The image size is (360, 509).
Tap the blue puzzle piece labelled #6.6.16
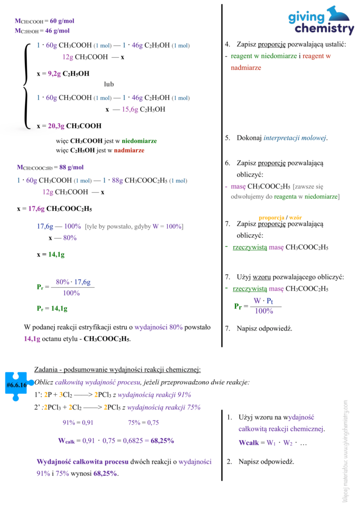point(16,384)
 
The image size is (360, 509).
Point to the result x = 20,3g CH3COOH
point(69,126)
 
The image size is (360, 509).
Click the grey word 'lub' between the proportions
point(109,84)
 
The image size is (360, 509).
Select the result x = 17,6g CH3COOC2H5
point(54,209)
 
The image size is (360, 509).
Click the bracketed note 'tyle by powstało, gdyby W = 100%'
point(135,227)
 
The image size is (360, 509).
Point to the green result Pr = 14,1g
point(52,308)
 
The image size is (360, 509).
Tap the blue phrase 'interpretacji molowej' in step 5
point(295,138)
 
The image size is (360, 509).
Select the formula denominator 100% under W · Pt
point(264,311)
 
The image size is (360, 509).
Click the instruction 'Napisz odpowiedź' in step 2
point(266,462)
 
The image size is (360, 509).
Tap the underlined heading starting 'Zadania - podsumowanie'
point(117,369)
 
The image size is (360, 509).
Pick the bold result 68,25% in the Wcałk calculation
point(162,440)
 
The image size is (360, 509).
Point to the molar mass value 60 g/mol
point(62,21)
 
